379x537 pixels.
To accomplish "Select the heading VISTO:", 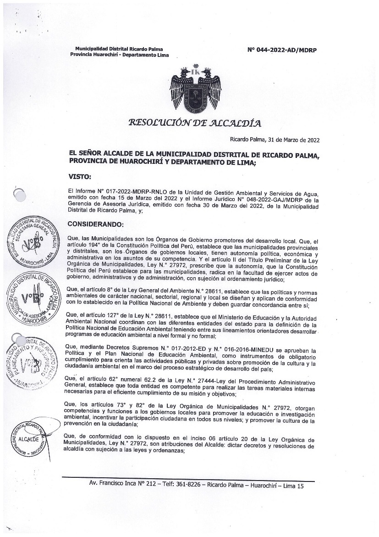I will coord(80,176).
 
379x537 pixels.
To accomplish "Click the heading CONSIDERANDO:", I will coord(95,224).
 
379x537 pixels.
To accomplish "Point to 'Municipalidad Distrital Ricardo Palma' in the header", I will coord(118,49).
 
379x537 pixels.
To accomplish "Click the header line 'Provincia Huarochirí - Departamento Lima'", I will coord(119,55).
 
